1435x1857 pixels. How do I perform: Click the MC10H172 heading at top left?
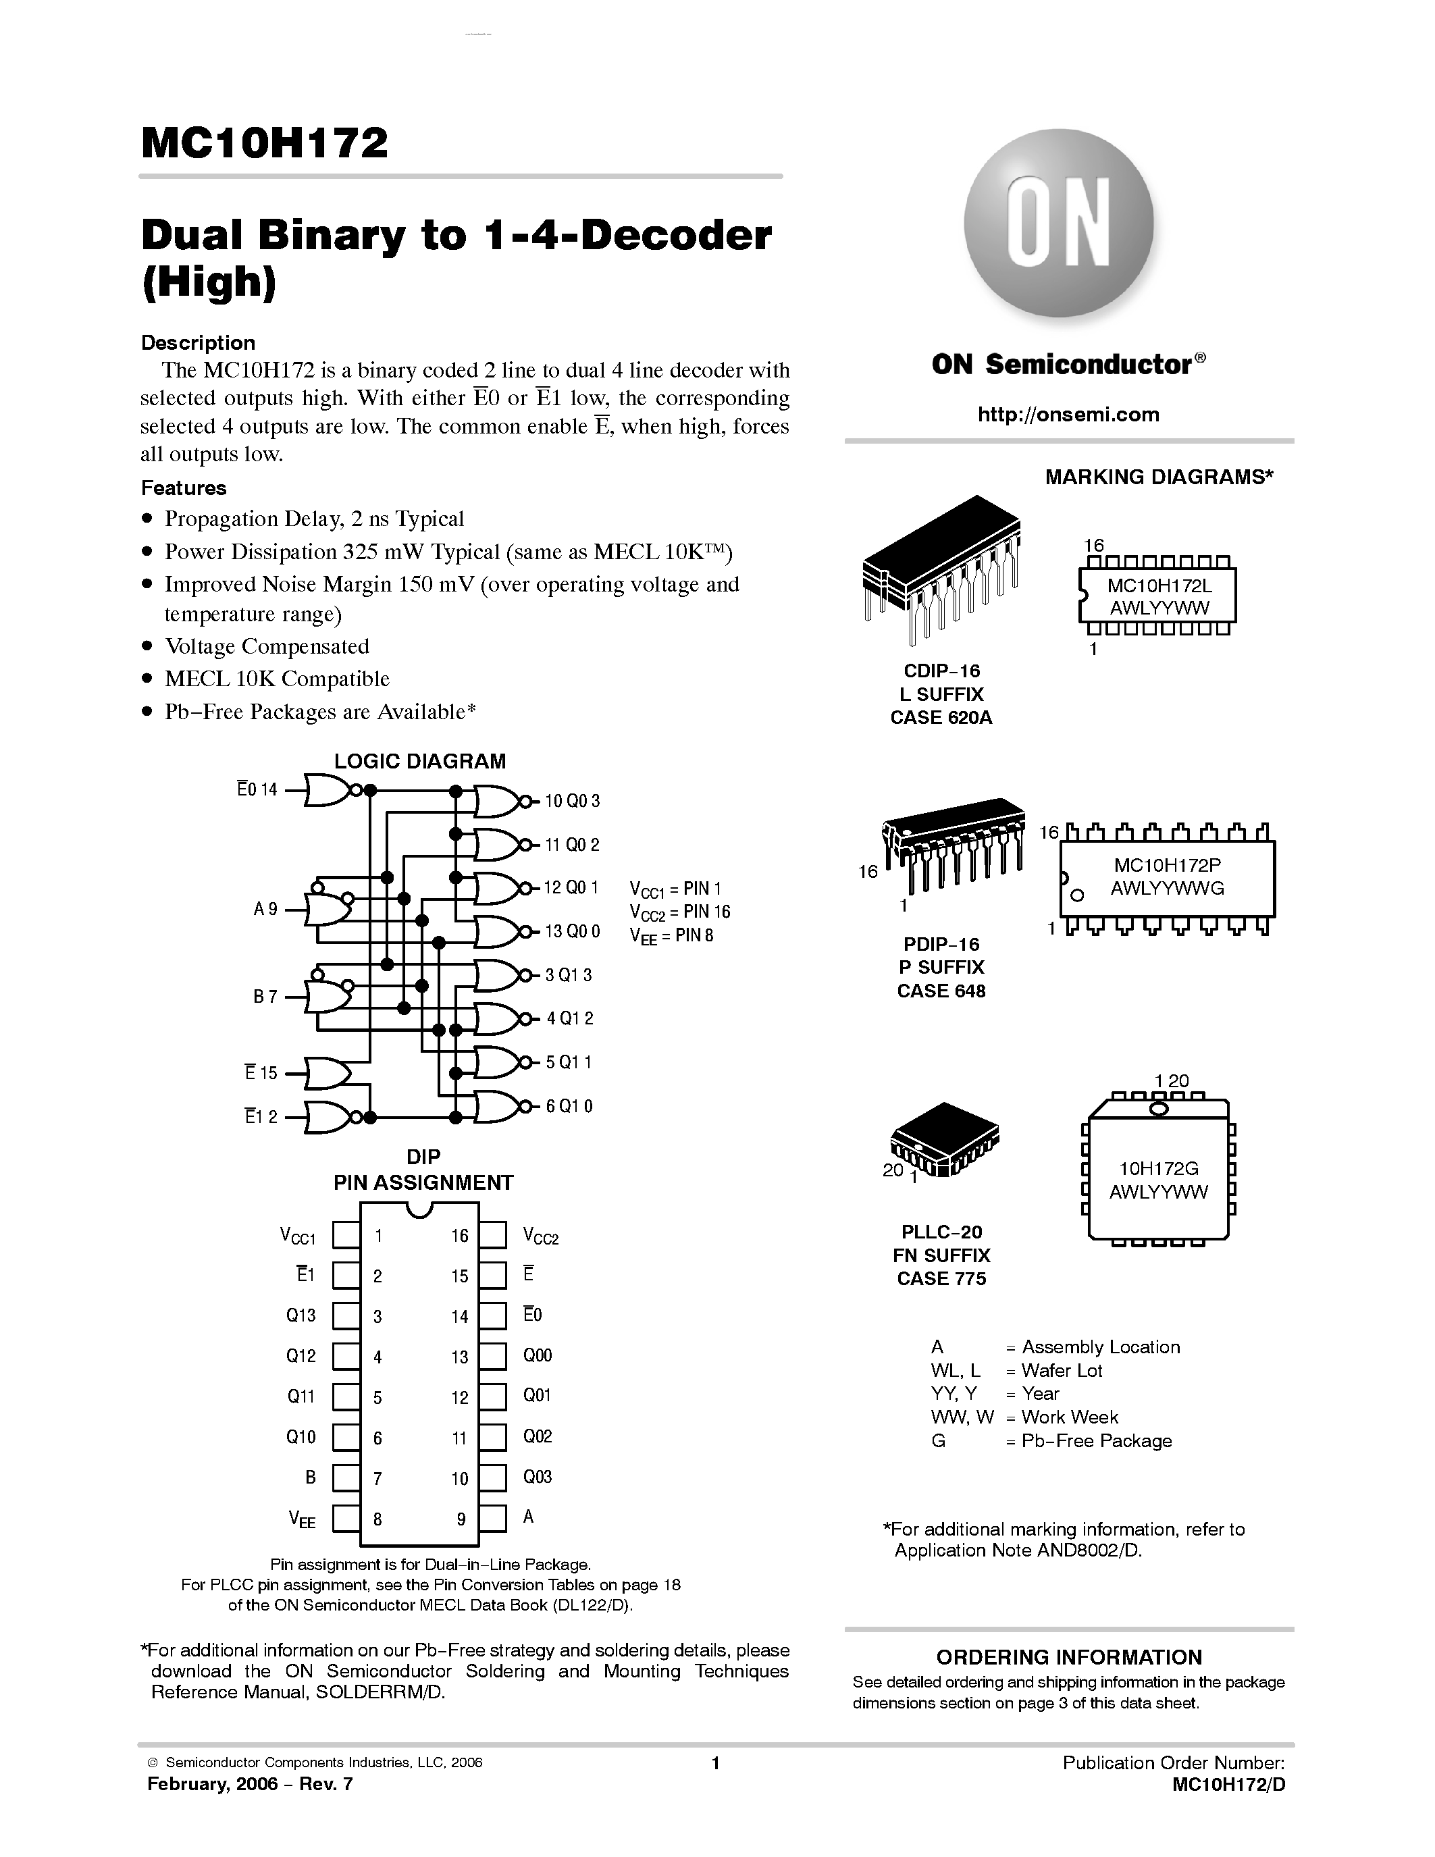click(x=265, y=143)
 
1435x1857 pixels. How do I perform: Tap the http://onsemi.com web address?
click(x=1068, y=414)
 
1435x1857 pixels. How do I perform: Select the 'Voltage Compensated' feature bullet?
click(x=266, y=646)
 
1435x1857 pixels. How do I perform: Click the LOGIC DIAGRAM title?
click(x=420, y=761)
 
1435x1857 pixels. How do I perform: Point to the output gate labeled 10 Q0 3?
click(x=496, y=801)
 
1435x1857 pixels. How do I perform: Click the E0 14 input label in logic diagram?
click(x=257, y=789)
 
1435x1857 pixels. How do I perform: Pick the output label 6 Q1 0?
click(x=569, y=1105)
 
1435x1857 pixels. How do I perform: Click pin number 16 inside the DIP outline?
click(x=460, y=1236)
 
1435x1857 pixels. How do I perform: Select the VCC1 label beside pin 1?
click(x=298, y=1236)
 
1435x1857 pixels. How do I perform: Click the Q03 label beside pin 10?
click(x=538, y=1477)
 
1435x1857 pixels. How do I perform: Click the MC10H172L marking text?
click(x=1158, y=586)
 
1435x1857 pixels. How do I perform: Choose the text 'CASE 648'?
click(x=941, y=991)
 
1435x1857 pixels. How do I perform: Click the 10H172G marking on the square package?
click(x=1158, y=1169)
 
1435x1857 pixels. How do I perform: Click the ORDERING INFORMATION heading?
click(x=1068, y=1657)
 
